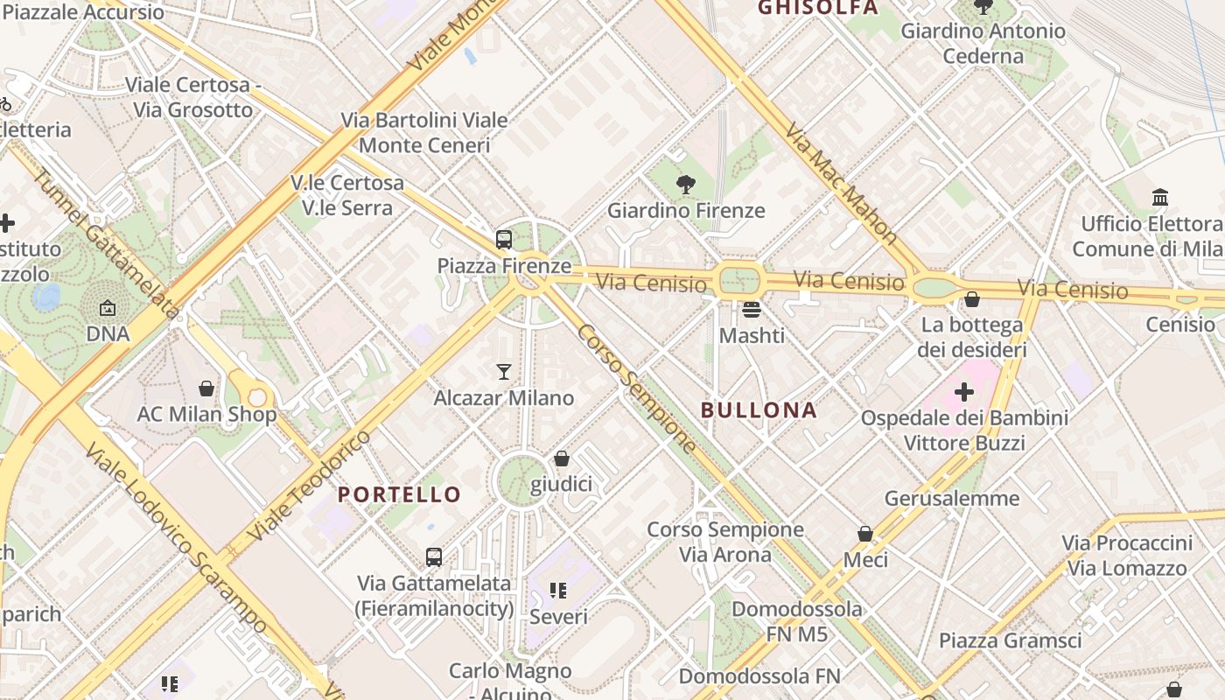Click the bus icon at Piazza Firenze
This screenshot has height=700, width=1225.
point(504,239)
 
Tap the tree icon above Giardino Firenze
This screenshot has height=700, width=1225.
point(686,184)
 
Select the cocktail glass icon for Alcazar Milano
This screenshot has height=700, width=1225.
point(504,372)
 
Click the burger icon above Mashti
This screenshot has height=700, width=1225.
point(752,309)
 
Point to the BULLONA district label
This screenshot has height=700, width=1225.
point(759,410)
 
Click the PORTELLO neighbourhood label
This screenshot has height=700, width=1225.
point(399,494)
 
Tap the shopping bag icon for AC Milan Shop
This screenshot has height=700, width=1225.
point(206,388)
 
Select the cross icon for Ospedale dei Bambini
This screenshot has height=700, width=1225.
point(964,391)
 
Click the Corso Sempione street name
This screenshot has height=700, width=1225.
point(637,389)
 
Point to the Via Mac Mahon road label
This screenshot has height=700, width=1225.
point(841,183)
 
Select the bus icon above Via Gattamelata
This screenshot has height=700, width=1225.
point(434,556)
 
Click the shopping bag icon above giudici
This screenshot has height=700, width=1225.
point(562,458)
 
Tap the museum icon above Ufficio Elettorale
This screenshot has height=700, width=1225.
point(1160,197)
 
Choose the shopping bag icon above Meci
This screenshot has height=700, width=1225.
point(865,534)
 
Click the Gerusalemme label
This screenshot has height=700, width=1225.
point(952,499)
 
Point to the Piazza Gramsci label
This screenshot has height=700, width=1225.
point(1010,640)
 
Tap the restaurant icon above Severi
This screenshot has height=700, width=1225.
point(558,591)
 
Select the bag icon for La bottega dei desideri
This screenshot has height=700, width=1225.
point(971,299)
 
